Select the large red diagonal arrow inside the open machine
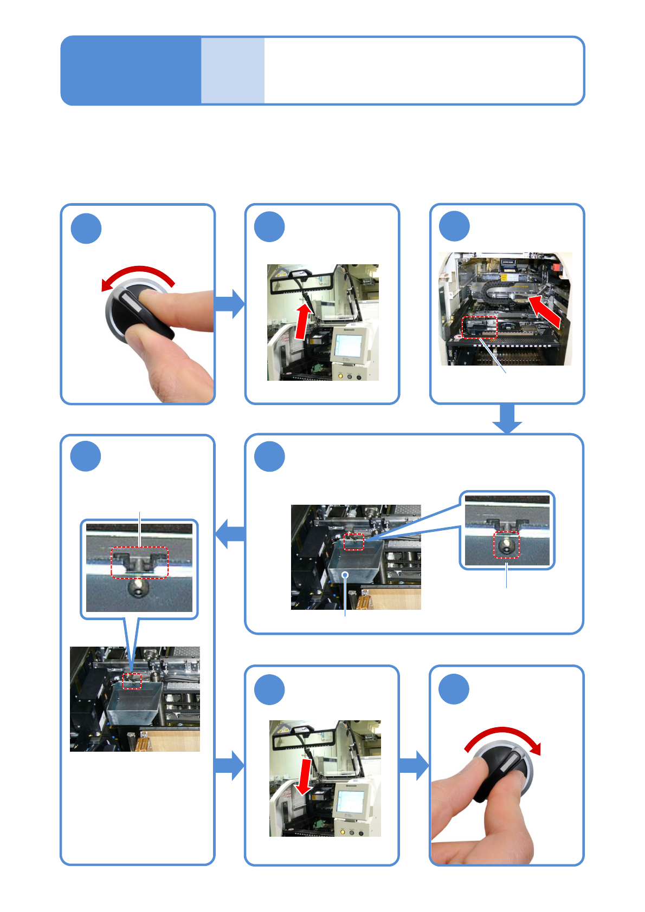point(545,311)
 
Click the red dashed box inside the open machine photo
point(479,327)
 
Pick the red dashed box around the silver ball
point(506,545)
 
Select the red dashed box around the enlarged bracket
point(140,563)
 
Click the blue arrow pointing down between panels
point(507,419)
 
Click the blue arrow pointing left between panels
point(230,533)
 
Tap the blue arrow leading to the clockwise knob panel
point(414,765)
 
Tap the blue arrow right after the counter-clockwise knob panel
point(230,304)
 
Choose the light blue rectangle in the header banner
point(233,70)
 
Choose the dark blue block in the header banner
point(131,70)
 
